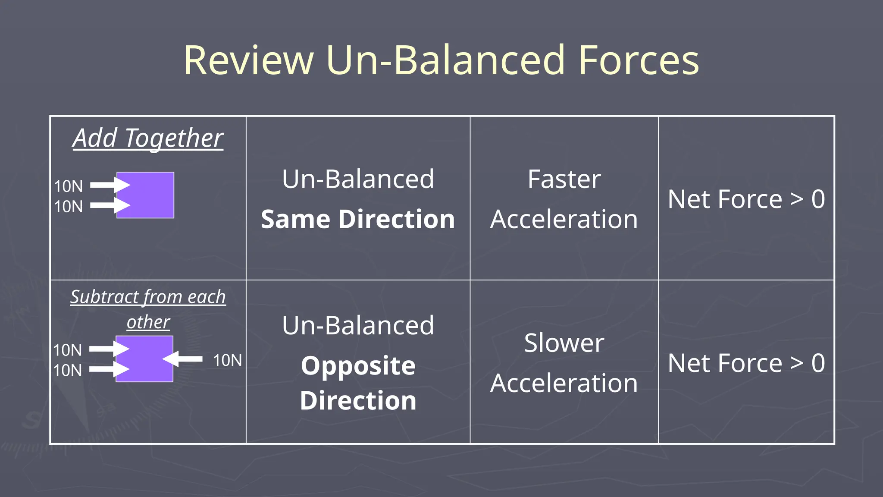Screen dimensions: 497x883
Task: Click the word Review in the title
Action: click(249, 60)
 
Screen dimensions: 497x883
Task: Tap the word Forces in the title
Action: click(638, 60)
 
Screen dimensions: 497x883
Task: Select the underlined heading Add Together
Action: click(148, 138)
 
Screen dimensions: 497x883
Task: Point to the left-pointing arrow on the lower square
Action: click(183, 359)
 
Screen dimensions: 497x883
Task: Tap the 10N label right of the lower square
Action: click(227, 360)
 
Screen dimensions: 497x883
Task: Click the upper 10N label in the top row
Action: click(68, 186)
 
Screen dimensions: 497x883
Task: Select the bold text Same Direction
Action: click(358, 219)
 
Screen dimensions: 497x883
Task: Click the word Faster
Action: click(564, 179)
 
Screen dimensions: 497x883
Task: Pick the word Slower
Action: click(564, 343)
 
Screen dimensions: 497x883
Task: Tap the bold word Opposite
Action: click(358, 366)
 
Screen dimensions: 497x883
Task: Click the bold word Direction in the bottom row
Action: click(358, 401)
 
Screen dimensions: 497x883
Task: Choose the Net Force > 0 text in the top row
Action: click(746, 199)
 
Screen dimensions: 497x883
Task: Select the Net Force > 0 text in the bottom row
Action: click(746, 363)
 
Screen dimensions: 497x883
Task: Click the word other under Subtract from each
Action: click(148, 322)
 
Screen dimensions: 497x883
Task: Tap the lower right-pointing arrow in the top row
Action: click(110, 205)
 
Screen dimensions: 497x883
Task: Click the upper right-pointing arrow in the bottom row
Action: click(110, 349)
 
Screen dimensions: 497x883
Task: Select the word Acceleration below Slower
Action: click(564, 383)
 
